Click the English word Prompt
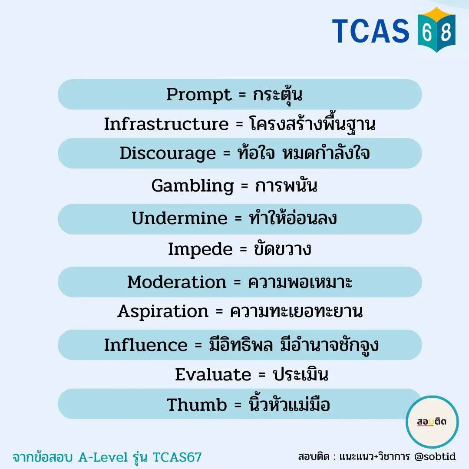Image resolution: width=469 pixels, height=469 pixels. [x=199, y=95]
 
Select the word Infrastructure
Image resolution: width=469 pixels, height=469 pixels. [x=166, y=124]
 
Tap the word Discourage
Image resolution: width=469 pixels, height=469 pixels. [x=168, y=154]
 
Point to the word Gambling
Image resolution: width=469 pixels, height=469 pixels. [x=193, y=186]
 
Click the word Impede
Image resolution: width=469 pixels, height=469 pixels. [x=200, y=249]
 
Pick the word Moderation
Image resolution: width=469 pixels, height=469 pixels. [x=177, y=282]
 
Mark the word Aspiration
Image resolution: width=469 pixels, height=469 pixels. [x=163, y=312]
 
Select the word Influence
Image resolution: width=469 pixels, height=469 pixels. [x=145, y=345]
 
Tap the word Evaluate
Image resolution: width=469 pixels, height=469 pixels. [x=213, y=374]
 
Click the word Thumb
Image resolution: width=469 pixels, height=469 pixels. [x=197, y=405]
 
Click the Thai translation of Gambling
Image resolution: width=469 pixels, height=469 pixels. [x=286, y=185]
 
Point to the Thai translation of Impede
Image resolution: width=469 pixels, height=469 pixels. [x=283, y=249]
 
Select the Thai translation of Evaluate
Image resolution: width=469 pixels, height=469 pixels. [x=301, y=374]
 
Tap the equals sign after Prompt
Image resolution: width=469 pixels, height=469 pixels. [x=242, y=95]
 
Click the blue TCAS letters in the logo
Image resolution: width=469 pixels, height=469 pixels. [x=370, y=31]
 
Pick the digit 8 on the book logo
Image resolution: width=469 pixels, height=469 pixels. [x=446, y=32]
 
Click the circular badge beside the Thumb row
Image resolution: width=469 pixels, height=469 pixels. [x=432, y=422]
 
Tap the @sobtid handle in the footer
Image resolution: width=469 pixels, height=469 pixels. [x=435, y=456]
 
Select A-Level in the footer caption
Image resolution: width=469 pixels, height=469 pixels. [x=103, y=457]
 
